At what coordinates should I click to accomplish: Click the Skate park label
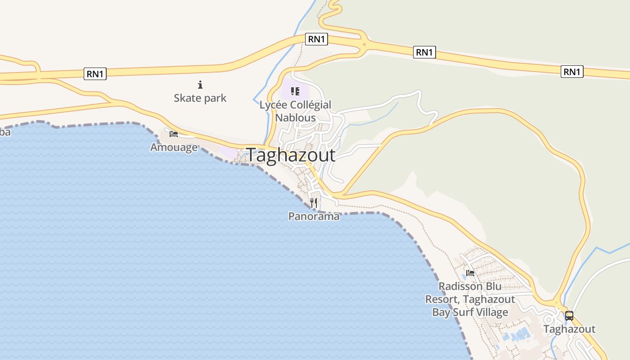point(200,98)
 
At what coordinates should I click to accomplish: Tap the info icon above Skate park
point(200,85)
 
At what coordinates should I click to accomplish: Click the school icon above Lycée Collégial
point(295,92)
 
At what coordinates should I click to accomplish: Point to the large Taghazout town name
point(291,155)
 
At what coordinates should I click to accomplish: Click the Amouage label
point(174,147)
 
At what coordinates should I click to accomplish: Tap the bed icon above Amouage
point(174,134)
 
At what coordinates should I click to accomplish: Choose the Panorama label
point(314,216)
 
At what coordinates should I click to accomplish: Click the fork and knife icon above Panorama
point(314,203)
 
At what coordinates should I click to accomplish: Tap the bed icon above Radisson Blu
point(470,273)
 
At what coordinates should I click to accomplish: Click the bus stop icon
point(569,315)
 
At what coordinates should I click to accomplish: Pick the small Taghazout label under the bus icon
point(569,329)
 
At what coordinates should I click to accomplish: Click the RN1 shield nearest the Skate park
point(95,74)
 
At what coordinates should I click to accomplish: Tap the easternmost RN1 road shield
point(572,72)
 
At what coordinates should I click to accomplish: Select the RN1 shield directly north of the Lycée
point(316,39)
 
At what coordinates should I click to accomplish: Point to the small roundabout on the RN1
point(364,45)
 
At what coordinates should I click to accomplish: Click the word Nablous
point(295,117)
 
